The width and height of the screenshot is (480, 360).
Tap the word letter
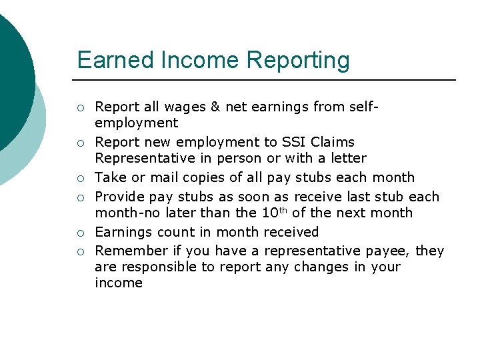point(347,158)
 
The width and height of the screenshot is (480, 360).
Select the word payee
point(389,251)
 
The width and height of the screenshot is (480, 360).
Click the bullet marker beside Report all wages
point(81,107)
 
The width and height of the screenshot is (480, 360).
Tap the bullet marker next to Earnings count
point(81,233)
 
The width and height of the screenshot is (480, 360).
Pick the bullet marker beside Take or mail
point(81,178)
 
